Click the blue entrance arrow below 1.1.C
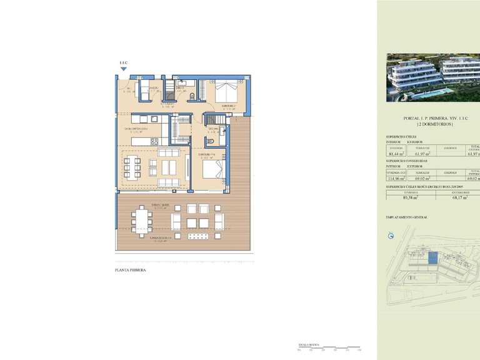pyautogui.click(x=122, y=71)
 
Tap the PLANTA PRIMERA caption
pyautogui.click(x=131, y=271)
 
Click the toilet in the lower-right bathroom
pyautogui.click(x=211, y=142)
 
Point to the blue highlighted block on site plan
pyautogui.click(x=432, y=257)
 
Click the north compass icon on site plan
pyautogui.click(x=391, y=236)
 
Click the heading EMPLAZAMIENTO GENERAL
pyautogui.click(x=407, y=217)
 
